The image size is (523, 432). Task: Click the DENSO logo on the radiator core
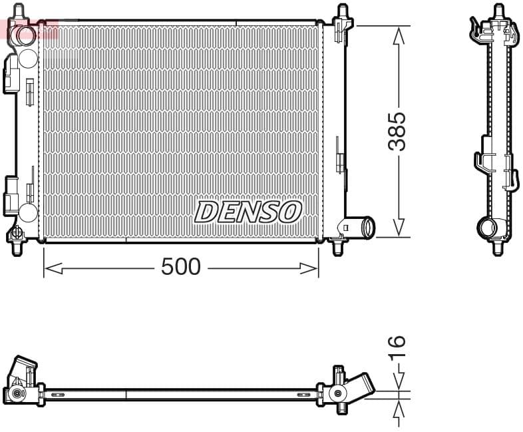[x=248, y=212]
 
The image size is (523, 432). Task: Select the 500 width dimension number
[x=181, y=267]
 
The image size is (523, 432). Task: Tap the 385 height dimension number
[x=397, y=131]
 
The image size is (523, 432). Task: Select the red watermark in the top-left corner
[x=29, y=29]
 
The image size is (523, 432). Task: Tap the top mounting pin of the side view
[x=498, y=12]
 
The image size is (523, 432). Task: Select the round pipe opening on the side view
[x=487, y=228]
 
